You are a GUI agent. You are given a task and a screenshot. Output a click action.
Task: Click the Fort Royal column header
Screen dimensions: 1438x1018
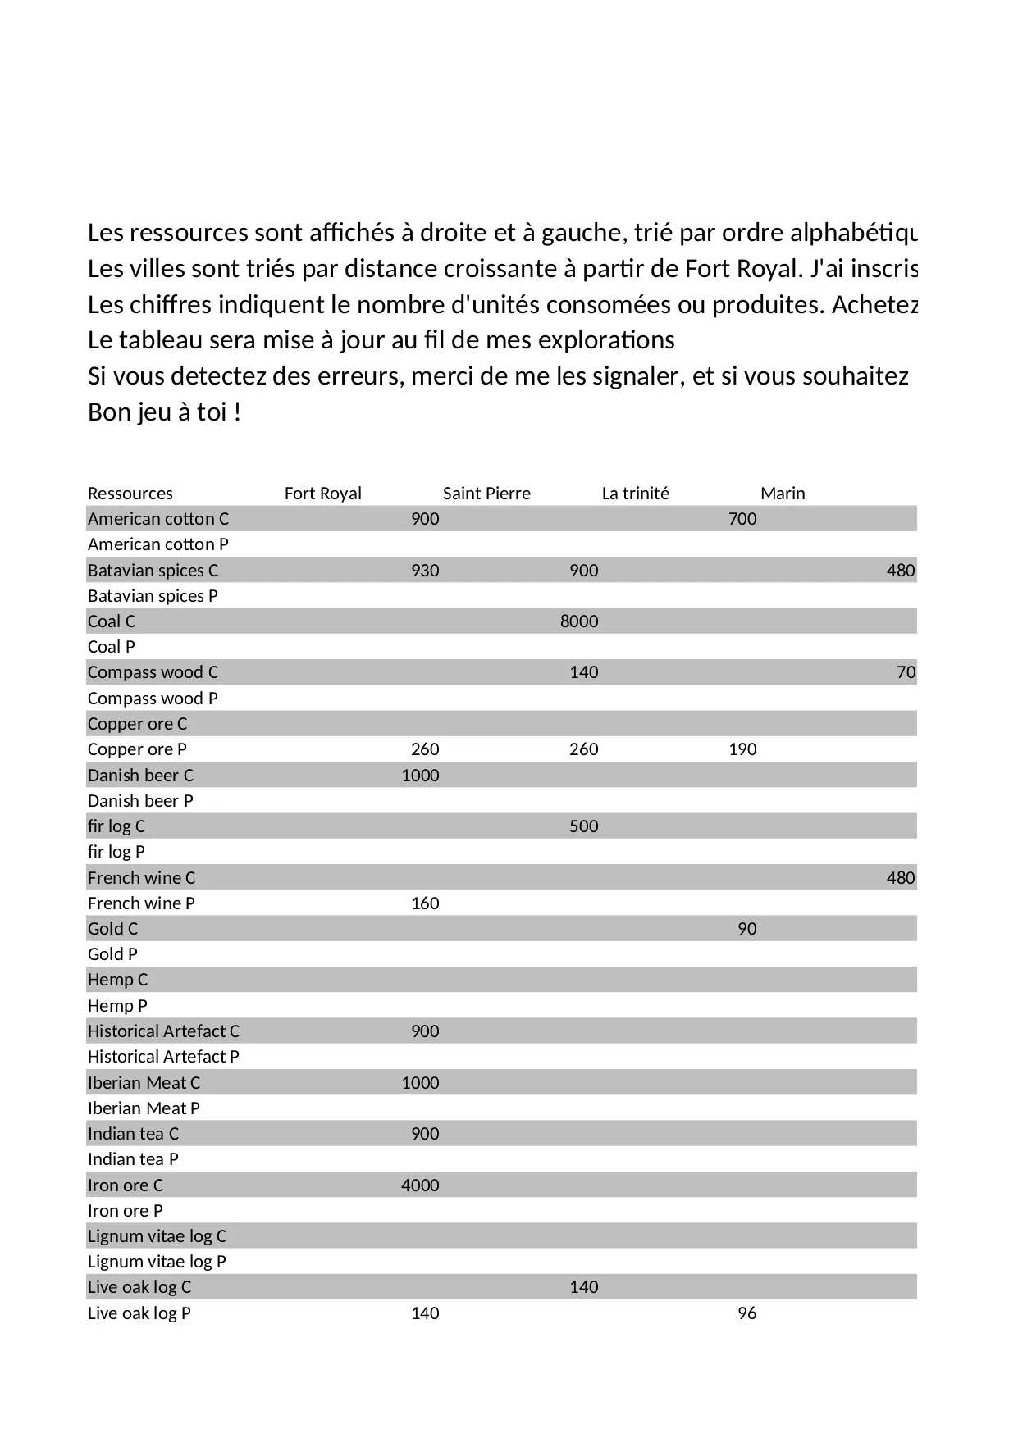pos(322,494)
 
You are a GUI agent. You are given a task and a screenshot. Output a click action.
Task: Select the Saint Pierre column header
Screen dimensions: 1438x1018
pos(486,494)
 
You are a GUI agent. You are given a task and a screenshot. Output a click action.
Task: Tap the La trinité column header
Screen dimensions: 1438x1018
pos(635,494)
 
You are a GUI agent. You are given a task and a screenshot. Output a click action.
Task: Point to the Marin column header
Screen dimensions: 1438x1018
pos(783,494)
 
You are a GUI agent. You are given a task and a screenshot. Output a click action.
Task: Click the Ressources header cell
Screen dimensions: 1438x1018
pos(130,494)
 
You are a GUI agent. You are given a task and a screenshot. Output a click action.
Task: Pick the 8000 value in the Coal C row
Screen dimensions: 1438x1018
pos(579,621)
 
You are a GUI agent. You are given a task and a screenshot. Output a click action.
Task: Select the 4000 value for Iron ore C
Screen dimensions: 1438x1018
pos(420,1185)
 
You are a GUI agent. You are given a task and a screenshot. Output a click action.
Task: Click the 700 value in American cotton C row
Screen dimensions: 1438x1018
pos(742,519)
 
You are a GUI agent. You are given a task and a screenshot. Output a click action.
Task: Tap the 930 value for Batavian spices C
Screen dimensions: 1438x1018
pos(425,571)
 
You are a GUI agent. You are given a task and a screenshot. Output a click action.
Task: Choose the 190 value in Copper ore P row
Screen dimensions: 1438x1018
pos(742,749)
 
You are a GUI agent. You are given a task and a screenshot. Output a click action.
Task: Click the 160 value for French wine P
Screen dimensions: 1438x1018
pos(425,903)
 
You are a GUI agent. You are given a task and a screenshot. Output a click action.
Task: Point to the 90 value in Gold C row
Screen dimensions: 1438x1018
pos(746,929)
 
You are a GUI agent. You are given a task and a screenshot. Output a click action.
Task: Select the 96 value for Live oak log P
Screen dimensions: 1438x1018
pos(746,1313)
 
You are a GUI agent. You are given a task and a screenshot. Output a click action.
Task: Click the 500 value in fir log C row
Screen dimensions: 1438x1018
pos(583,826)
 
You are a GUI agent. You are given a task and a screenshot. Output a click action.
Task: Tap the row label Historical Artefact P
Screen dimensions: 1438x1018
pos(163,1057)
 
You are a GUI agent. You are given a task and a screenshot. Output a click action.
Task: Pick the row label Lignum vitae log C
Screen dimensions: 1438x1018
pos(157,1236)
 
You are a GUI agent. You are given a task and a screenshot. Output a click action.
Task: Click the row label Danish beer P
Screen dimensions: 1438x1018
pos(140,801)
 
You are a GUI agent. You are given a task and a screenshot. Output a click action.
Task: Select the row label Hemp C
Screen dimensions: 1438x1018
pos(117,980)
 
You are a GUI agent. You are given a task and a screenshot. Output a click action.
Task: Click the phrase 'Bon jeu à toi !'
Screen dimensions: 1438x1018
pos(164,412)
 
